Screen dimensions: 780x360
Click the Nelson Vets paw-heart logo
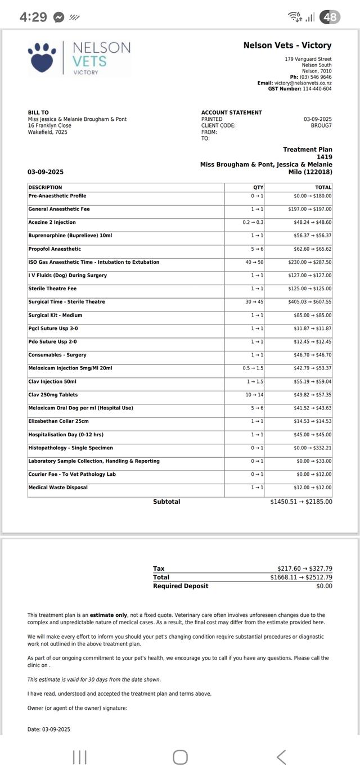pyautogui.click(x=42, y=57)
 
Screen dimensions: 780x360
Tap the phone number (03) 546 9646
pyautogui.click(x=316, y=77)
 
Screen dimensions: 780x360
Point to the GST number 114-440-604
pyautogui.click(x=317, y=89)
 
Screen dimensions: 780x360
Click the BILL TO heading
pyautogui.click(x=38, y=112)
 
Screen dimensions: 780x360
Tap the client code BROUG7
pyautogui.click(x=321, y=125)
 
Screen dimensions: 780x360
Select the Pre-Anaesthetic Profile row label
pyautogui.click(x=57, y=196)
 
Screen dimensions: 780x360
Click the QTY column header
pyautogui.click(x=258, y=187)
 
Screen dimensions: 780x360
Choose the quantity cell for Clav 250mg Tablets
pyautogui.click(x=254, y=395)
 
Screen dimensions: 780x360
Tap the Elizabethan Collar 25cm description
pyautogui.click(x=58, y=421)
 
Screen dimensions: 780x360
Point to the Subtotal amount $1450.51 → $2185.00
pyautogui.click(x=301, y=502)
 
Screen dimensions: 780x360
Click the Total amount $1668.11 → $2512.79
pyautogui.click(x=301, y=577)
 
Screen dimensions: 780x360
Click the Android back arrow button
pyautogui.click(x=281, y=757)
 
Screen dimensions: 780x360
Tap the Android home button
pyautogui.click(x=180, y=757)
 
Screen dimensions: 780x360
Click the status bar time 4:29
pyautogui.click(x=33, y=17)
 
